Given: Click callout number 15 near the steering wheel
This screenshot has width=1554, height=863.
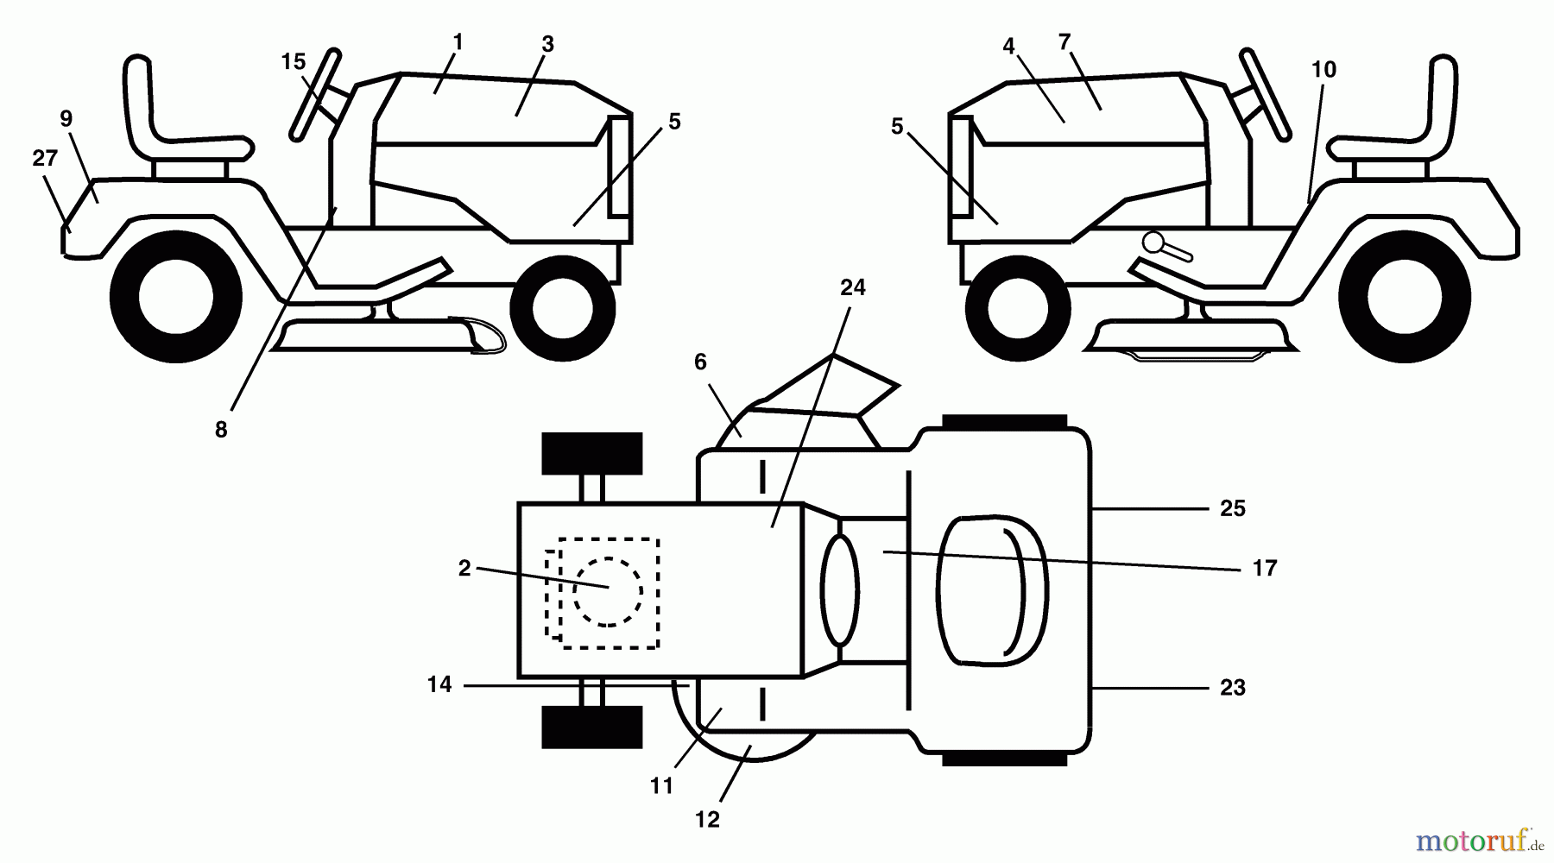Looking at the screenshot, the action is coord(294,62).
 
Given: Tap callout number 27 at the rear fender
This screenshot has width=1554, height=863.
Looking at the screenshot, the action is coord(45,159).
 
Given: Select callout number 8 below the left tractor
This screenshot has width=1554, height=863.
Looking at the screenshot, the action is coord(221,430).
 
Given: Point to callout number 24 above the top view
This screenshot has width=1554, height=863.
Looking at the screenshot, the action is coord(852,288).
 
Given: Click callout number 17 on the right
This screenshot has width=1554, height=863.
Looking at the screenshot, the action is coord(1265,569).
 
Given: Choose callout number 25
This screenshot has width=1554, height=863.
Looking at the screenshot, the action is coord(1233,509).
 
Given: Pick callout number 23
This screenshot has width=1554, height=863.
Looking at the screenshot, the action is coord(1233,688).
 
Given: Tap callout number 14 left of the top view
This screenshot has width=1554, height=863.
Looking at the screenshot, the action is coord(439,684).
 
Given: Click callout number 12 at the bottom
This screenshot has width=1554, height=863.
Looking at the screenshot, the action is coord(707,820).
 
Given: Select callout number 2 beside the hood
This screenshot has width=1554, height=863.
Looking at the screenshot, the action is coord(464,569).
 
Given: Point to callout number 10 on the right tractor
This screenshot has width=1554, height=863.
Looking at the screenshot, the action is coord(1323,70).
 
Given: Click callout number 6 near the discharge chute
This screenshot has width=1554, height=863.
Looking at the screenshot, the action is coord(700,362).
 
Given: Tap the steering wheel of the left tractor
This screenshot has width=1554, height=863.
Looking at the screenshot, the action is coord(314,94).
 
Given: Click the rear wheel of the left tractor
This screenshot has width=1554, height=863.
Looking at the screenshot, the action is coord(176,298).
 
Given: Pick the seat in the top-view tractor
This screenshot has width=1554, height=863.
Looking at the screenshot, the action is coord(992,591).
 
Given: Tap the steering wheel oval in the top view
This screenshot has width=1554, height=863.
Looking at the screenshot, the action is coord(840,591).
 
